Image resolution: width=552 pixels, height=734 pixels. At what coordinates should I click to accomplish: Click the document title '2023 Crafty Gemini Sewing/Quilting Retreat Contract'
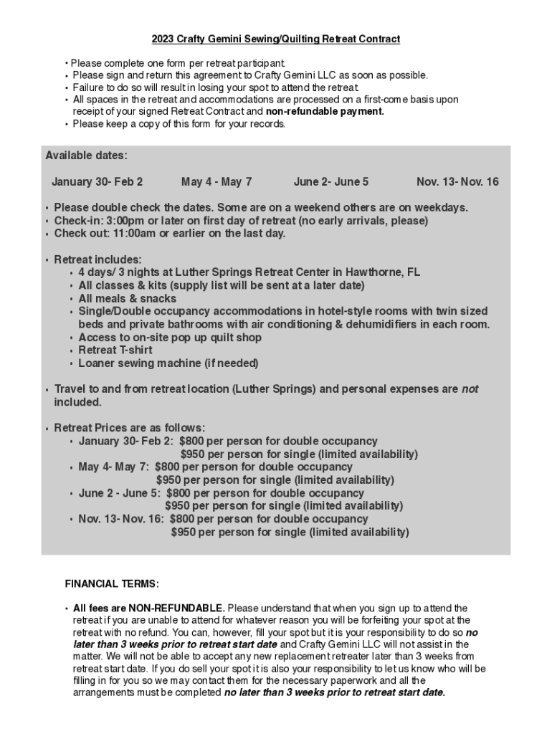click(x=275, y=39)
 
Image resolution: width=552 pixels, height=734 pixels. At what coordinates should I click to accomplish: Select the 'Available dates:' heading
click(x=86, y=156)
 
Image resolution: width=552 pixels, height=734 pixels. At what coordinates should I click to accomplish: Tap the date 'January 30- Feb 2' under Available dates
click(x=97, y=182)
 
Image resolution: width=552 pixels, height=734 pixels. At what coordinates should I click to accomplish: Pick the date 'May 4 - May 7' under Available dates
click(x=216, y=182)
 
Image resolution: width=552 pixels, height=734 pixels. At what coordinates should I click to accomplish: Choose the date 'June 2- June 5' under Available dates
click(x=331, y=182)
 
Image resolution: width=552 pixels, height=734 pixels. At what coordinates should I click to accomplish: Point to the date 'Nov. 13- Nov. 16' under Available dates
click(x=457, y=182)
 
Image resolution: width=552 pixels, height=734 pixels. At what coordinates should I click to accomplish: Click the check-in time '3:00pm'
click(x=125, y=221)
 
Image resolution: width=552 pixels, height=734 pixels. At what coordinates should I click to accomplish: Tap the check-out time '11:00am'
click(x=133, y=234)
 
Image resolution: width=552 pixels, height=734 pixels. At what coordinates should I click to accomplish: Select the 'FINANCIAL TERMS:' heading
click(x=112, y=583)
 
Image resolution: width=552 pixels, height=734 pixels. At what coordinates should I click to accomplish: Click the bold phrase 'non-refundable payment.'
click(x=325, y=112)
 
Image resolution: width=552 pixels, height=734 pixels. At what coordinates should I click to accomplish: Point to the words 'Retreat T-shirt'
click(x=115, y=351)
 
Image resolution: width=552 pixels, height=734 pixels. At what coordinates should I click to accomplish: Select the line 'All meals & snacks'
click(x=127, y=299)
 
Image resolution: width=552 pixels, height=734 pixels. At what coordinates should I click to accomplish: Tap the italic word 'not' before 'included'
click(x=470, y=389)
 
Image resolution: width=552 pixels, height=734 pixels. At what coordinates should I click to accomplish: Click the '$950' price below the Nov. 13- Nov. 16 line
click(x=183, y=532)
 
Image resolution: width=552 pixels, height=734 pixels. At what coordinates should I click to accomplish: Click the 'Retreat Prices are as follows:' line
click(x=129, y=428)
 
